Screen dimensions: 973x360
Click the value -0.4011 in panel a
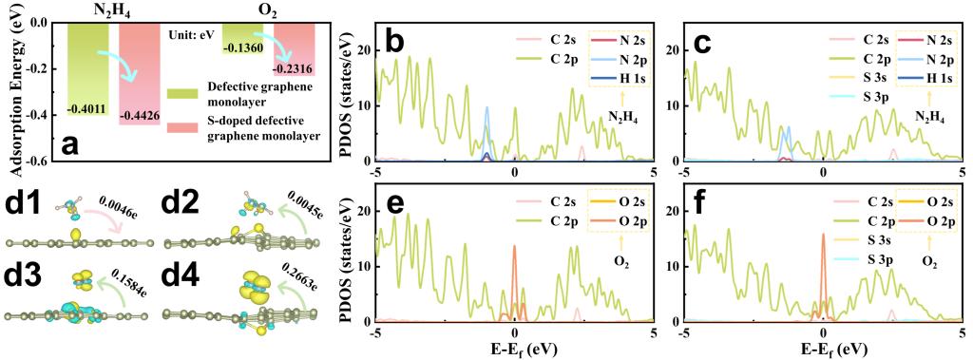(x=88, y=106)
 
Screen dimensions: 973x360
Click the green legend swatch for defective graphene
(x=182, y=93)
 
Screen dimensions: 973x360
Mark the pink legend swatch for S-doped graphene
(x=182, y=128)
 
